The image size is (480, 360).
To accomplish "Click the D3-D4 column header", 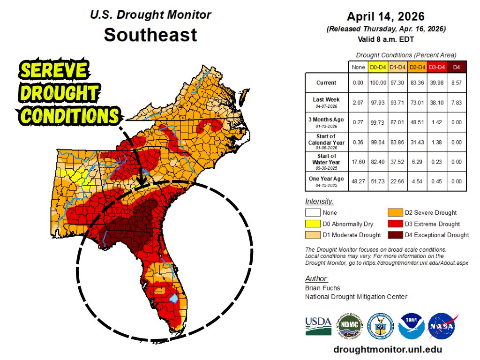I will pyautogui.click(x=437, y=67).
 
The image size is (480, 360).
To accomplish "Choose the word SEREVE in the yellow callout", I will pyautogui.click(x=54, y=71).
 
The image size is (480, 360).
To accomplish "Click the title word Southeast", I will pyautogui.click(x=150, y=35).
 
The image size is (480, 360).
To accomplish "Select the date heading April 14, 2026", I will pyautogui.click(x=385, y=17).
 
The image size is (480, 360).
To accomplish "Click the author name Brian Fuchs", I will pyautogui.click(x=322, y=288).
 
